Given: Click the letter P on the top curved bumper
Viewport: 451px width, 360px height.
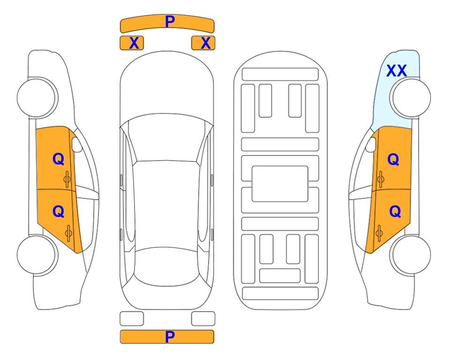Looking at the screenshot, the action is coord(170,21).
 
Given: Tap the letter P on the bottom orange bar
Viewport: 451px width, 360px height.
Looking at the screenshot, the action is coord(170,337).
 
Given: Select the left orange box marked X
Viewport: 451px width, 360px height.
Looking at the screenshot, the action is coord(132,43).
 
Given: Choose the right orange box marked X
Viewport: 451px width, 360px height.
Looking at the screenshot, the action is coord(203,43).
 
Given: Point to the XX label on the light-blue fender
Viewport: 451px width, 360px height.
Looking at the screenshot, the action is coord(397,71).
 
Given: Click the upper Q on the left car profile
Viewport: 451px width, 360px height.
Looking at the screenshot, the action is coord(59,159).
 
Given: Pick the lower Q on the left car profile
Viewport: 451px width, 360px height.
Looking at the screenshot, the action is coord(59,212).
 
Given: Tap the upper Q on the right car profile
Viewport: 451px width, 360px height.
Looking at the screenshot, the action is coord(393,159).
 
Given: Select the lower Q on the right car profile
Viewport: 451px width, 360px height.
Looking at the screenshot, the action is coord(395,212).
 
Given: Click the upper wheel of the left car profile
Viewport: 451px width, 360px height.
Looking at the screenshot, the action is coord(37,97).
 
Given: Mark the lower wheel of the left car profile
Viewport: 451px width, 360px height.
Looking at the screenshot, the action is coord(37,255).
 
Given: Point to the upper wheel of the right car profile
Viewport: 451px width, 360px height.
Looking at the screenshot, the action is coord(410,97).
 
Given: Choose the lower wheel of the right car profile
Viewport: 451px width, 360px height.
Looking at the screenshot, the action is coord(410,255).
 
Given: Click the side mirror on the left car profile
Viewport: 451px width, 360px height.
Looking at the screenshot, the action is coord(77,144).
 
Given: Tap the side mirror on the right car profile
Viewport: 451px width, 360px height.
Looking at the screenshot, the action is coord(370,144).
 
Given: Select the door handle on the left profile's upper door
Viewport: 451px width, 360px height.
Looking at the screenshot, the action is coord(67,180).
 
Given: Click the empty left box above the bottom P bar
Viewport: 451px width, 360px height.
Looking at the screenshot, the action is coord(132,319).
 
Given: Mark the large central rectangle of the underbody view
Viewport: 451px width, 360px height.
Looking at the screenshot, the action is coord(280,184).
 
